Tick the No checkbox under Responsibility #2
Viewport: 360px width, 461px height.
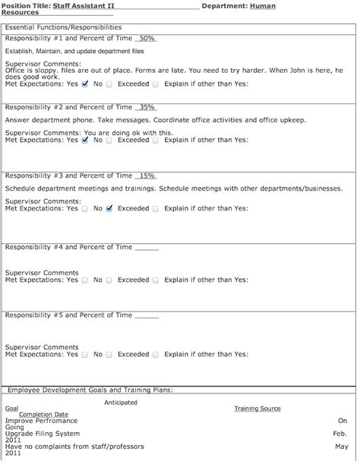(109, 140)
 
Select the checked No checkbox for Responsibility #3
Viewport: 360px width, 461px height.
(109, 207)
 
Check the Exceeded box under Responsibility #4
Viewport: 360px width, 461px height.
(156, 279)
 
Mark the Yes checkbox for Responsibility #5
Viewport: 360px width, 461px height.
(85, 354)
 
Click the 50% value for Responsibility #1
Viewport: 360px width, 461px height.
(147, 38)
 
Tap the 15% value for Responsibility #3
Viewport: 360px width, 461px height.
(147, 175)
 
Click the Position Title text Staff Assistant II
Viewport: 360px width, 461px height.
(83, 5)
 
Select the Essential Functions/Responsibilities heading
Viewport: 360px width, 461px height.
(63, 27)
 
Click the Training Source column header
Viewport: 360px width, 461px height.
(257, 409)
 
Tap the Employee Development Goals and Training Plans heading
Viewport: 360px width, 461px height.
(90, 390)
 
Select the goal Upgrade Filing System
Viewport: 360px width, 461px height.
(43, 433)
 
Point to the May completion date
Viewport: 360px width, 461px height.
(342, 447)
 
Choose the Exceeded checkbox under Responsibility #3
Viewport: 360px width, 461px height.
(156, 207)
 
